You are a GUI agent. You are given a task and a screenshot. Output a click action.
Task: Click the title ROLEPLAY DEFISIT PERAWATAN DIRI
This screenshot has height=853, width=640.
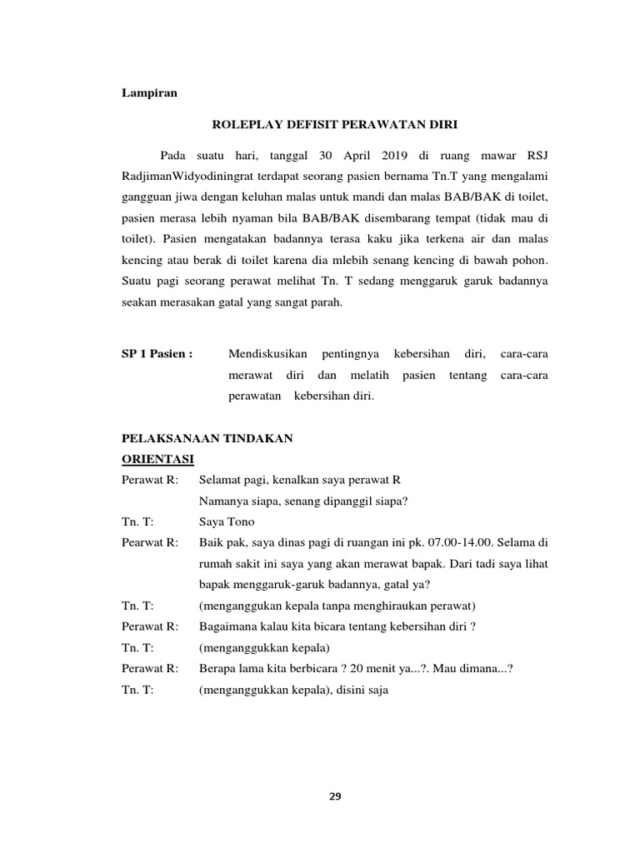pos(336,124)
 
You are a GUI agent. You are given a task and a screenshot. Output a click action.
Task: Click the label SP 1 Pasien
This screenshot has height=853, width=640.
pos(157,354)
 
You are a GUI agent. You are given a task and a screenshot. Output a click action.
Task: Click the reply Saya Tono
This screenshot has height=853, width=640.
pos(227,521)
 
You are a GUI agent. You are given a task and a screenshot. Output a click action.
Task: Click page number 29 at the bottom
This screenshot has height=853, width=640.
pos(335,796)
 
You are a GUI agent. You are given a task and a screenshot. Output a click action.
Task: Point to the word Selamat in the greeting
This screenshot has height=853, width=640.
pos(220,480)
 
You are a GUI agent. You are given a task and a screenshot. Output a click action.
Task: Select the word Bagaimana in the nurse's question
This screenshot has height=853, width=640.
pos(229,626)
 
